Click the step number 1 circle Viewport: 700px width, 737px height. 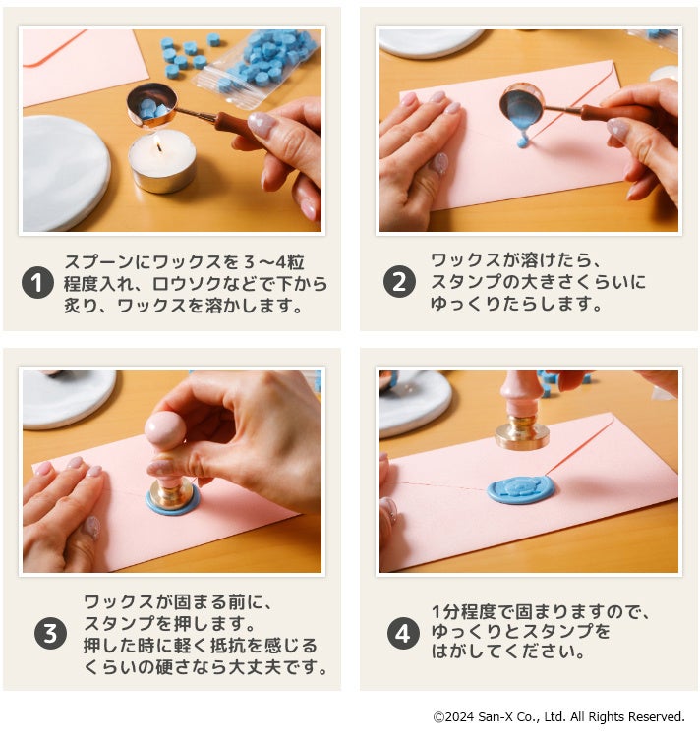click(x=37, y=283)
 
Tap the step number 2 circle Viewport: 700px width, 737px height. click(x=399, y=282)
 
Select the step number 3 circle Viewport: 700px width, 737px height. click(x=50, y=633)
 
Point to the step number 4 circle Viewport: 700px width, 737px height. click(x=403, y=633)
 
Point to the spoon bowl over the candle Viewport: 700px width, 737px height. click(x=151, y=105)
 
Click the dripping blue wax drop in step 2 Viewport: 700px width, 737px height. click(x=522, y=140)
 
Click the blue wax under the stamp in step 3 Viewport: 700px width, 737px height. click(x=172, y=500)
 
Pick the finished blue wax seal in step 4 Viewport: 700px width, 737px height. click(x=520, y=490)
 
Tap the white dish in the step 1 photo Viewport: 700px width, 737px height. click(x=66, y=173)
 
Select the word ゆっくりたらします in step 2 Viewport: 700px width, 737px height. click(x=516, y=304)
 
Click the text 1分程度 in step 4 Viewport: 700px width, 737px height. click(x=463, y=612)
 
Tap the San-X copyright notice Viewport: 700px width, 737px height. click(x=558, y=716)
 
